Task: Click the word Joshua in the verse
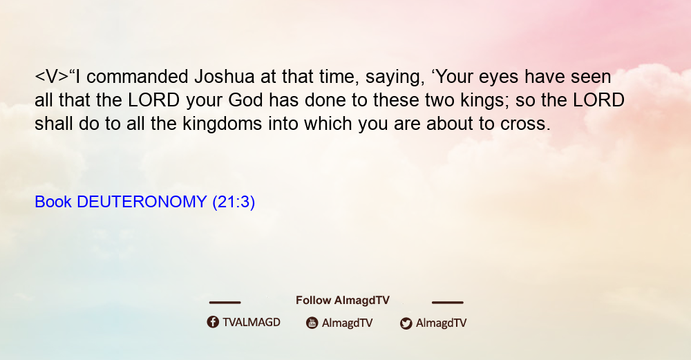[225, 77]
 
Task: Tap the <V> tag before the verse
[52, 77]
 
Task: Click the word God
[246, 100]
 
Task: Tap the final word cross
[525, 124]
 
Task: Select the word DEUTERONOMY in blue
[142, 202]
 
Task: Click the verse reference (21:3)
[234, 202]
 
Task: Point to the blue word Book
[53, 202]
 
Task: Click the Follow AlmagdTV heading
[343, 301]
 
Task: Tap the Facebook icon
[213, 322]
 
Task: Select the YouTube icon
[312, 323]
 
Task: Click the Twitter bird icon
[406, 323]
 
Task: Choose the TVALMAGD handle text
[252, 323]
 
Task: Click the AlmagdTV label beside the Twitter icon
[441, 323]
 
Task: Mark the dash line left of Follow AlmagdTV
[225, 303]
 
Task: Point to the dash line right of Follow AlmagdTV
[448, 303]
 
